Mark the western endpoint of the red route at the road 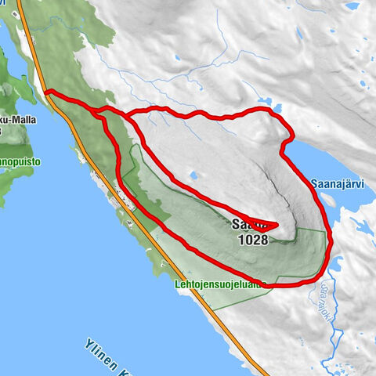pyautogui.click(x=46, y=92)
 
